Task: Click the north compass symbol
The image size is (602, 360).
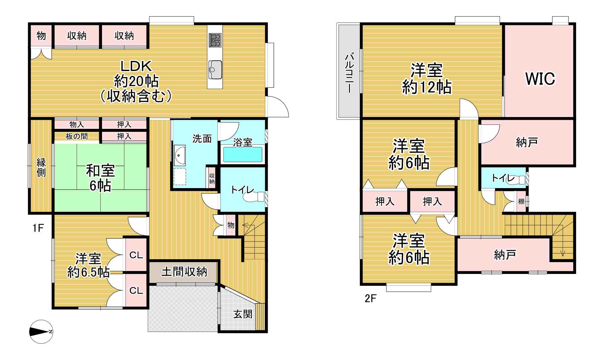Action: click(x=41, y=332)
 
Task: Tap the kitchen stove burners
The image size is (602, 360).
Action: click(x=215, y=40)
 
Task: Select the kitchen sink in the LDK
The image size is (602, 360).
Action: click(x=215, y=70)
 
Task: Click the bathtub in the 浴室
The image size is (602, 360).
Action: click(x=243, y=155)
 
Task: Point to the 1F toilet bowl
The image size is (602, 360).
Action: click(x=254, y=197)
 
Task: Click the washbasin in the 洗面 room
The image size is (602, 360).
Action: click(x=179, y=155)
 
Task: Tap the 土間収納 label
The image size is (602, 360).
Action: click(x=184, y=272)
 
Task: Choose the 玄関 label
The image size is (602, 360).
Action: click(x=243, y=314)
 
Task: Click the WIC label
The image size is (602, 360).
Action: click(x=540, y=79)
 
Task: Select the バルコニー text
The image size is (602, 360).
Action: click(x=349, y=73)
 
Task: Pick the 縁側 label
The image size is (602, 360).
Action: click(x=41, y=167)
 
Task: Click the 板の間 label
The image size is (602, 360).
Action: click(x=77, y=136)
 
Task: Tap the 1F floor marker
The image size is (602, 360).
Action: click(x=38, y=228)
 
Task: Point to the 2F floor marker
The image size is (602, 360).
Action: click(x=370, y=298)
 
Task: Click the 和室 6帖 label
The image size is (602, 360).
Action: click(x=100, y=178)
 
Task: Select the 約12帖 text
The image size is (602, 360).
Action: click(x=427, y=87)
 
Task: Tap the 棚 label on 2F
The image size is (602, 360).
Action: click(x=521, y=201)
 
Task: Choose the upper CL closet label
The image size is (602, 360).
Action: click(x=136, y=255)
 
